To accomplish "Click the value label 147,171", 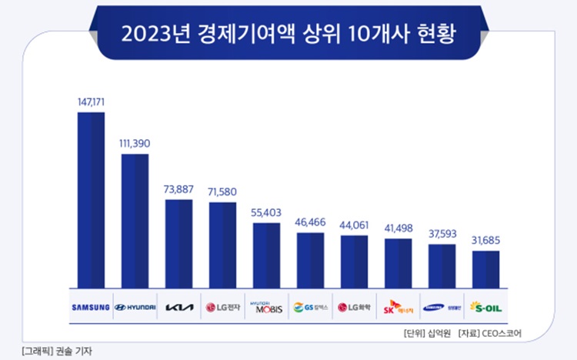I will (91, 101).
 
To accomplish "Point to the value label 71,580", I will (222, 190).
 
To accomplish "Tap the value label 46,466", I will (310, 221).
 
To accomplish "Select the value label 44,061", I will (354, 224).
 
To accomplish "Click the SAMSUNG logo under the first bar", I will (91, 308).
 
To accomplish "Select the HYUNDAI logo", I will (135, 308).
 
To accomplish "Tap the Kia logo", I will (179, 308).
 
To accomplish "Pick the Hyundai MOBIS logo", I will (266, 308).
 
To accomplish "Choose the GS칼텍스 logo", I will (310, 308).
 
